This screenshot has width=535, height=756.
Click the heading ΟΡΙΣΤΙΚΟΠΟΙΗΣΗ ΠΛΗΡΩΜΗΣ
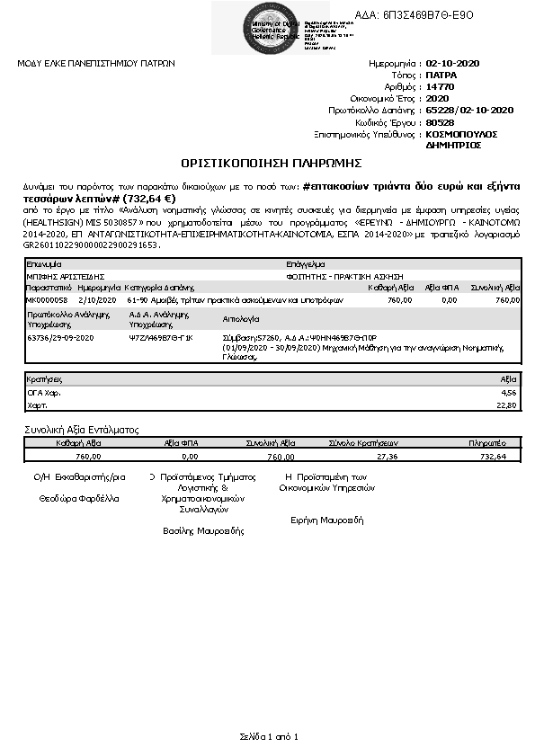pyautogui.click(x=271, y=163)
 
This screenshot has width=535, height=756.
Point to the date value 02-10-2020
pyautogui.click(x=455, y=64)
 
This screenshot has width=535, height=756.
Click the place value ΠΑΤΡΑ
pyautogui.click(x=441, y=76)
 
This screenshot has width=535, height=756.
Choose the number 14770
pyautogui.click(x=440, y=87)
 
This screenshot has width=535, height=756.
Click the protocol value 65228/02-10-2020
pyautogui.click(x=468, y=110)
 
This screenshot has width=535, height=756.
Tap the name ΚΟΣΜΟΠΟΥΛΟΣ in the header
pyautogui.click(x=461, y=133)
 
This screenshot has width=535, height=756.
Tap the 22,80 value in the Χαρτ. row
pyautogui.click(x=508, y=405)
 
